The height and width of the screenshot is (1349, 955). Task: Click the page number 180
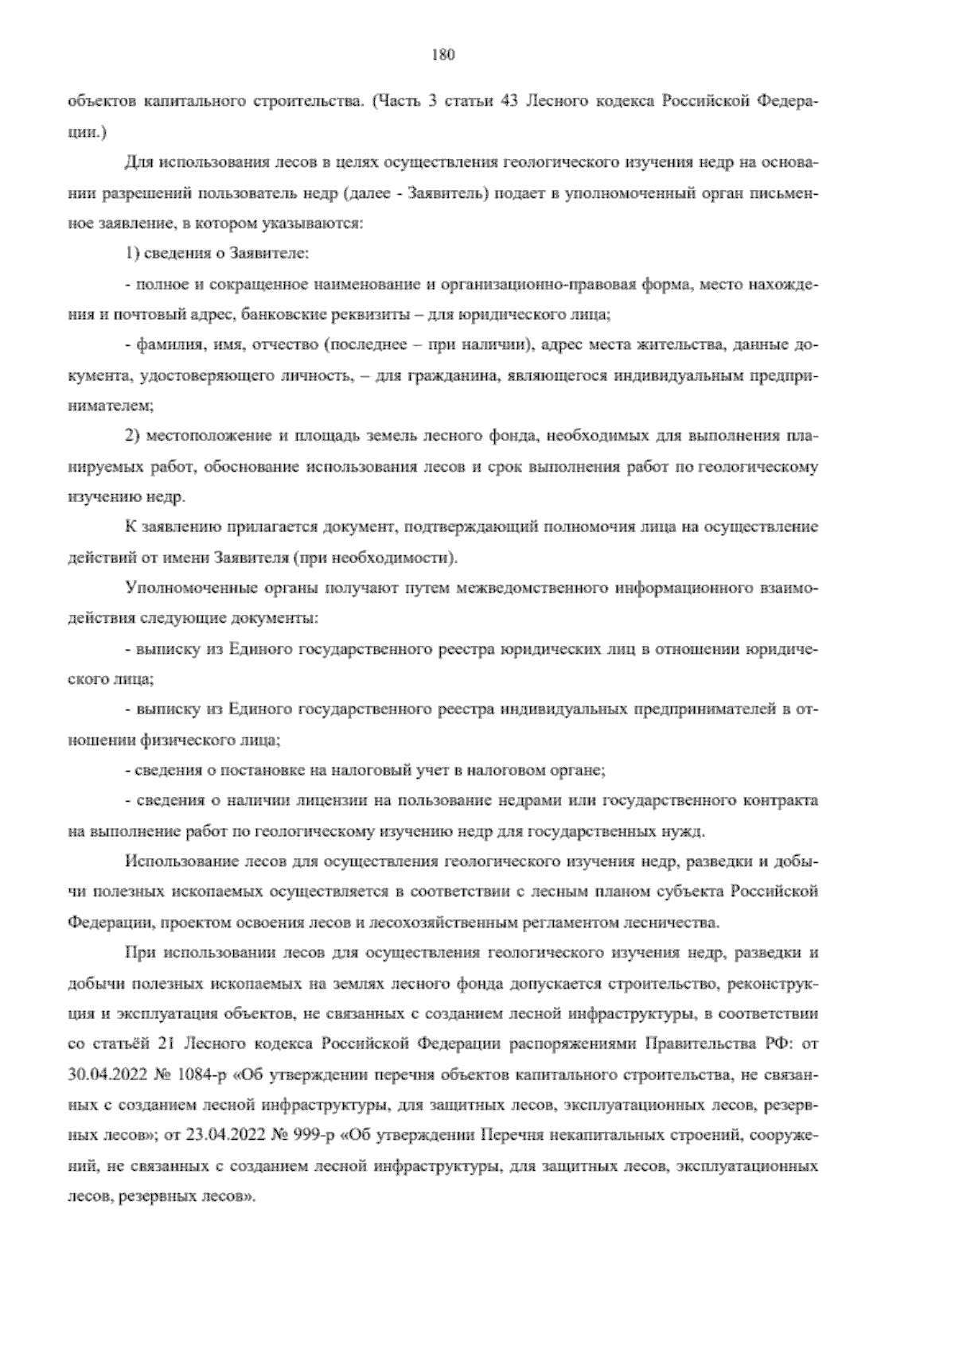[442, 55]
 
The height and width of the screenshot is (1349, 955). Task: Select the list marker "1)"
[134, 255]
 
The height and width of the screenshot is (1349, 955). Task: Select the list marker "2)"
[134, 437]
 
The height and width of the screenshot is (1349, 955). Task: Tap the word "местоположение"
[209, 437]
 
